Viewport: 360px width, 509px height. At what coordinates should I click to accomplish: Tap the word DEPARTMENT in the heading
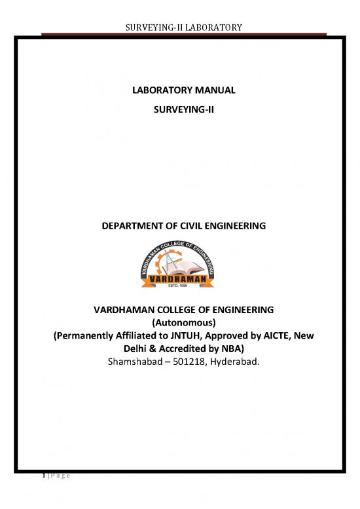pos(130,226)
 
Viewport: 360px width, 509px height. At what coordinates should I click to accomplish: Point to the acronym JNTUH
pos(183,335)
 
